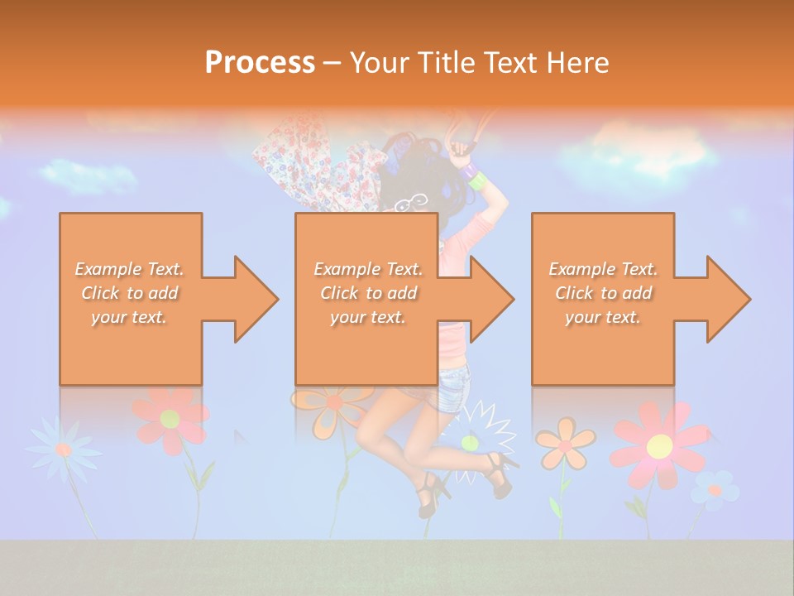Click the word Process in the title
[260, 63]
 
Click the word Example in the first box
[108, 269]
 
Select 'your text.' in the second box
[367, 317]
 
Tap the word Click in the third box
[574, 293]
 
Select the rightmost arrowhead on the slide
[727, 299]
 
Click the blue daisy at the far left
[63, 448]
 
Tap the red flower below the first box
[171, 418]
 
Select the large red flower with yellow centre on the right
[659, 446]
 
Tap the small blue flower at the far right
[715, 489]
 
